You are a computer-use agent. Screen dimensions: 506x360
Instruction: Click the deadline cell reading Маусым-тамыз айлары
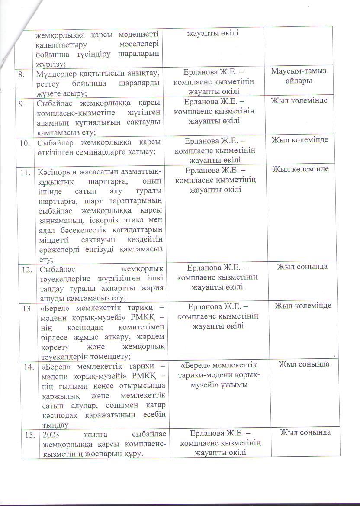coord(299,76)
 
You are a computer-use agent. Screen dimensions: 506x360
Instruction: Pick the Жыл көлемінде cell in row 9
coord(299,101)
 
